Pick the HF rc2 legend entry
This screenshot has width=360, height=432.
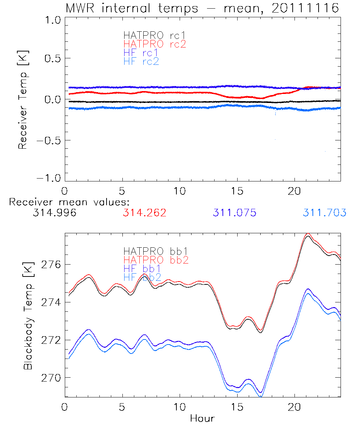tap(141, 62)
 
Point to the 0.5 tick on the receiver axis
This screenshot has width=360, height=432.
tap(51, 59)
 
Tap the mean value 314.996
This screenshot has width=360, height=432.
tap(54, 213)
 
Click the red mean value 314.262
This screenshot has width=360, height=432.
tap(144, 213)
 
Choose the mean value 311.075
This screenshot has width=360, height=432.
tap(234, 213)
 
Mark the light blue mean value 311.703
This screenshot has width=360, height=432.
tap(324, 213)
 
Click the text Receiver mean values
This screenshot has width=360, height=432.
tap(69, 202)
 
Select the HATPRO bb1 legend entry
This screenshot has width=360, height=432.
tap(156, 251)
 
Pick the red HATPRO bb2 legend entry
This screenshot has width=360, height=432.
tap(156, 260)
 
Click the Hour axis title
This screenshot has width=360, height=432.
tap(202, 419)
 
